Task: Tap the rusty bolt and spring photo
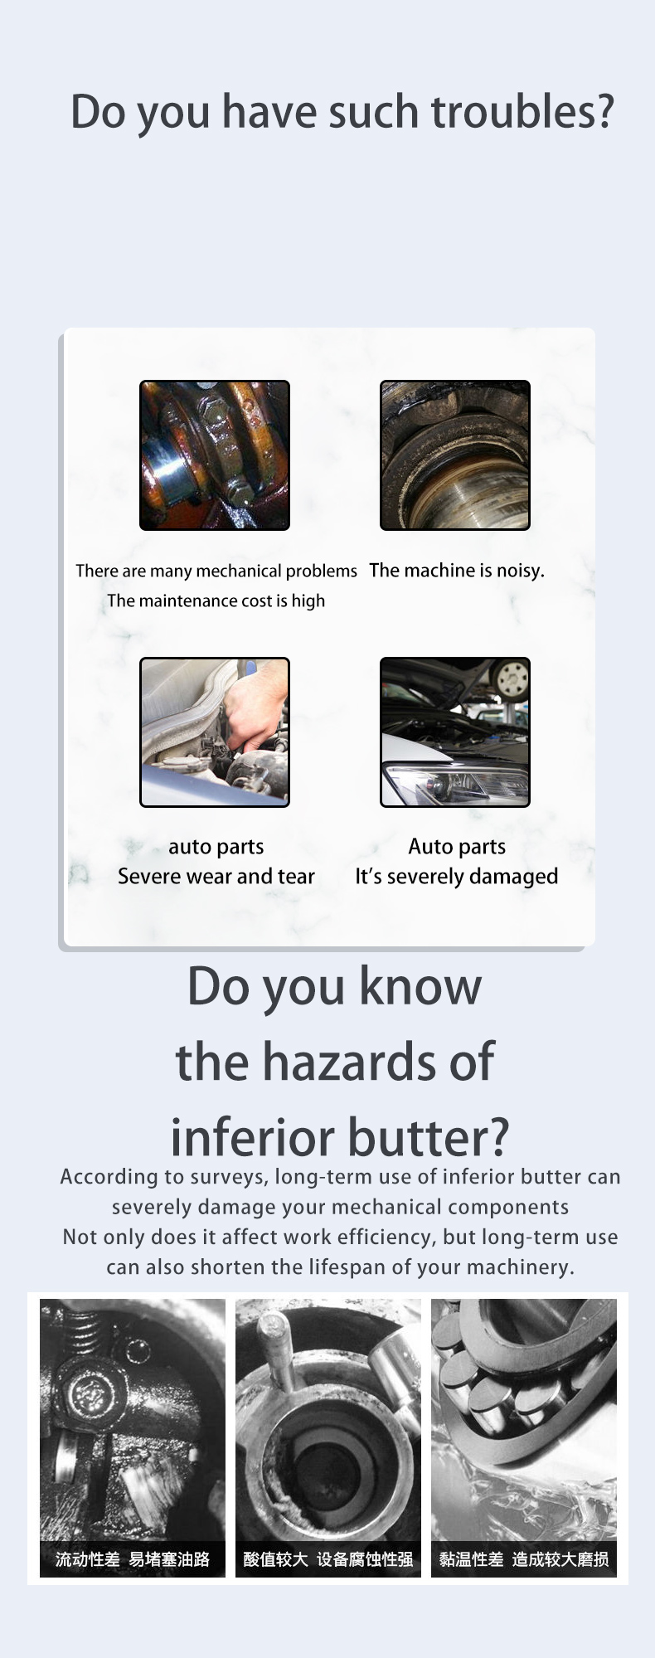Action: [215, 455]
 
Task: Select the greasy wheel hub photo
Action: [455, 455]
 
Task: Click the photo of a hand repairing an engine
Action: [215, 732]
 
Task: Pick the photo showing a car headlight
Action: [455, 732]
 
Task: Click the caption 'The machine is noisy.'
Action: [457, 571]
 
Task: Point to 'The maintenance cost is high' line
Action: [216, 601]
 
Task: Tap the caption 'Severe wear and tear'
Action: [216, 877]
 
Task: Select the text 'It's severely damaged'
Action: [457, 877]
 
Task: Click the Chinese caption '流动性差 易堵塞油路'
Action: [133, 1559]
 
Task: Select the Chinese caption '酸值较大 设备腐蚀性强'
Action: [328, 1559]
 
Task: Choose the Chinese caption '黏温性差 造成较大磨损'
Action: [524, 1559]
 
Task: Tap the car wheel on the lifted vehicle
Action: [509, 679]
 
